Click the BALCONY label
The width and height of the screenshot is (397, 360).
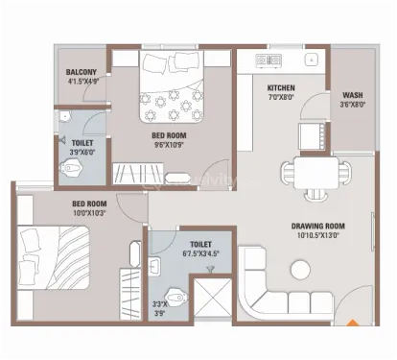[82, 72]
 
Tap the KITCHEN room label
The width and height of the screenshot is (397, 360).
[281, 88]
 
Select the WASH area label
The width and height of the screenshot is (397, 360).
[353, 95]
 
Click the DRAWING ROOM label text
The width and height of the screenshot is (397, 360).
[318, 227]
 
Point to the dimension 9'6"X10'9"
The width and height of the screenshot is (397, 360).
[169, 145]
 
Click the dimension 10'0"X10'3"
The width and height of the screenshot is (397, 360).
[89, 213]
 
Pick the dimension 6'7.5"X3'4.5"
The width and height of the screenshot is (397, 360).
[200, 253]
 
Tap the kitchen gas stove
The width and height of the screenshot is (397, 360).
[269, 60]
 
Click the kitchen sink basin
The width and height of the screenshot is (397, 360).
[311, 60]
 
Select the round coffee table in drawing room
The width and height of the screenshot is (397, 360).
[300, 270]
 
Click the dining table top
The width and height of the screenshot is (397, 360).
[316, 173]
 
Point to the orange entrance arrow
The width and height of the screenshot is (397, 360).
[353, 323]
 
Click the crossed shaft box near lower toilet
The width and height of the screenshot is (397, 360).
[213, 298]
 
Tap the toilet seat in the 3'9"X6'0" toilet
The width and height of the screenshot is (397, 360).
[71, 167]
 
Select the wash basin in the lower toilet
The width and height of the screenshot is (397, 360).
[155, 266]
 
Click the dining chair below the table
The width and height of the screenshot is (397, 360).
[315, 195]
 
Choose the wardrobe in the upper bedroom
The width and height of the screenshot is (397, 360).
[138, 173]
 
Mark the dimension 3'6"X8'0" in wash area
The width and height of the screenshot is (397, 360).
[353, 104]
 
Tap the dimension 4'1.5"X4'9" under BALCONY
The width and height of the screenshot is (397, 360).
[83, 82]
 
